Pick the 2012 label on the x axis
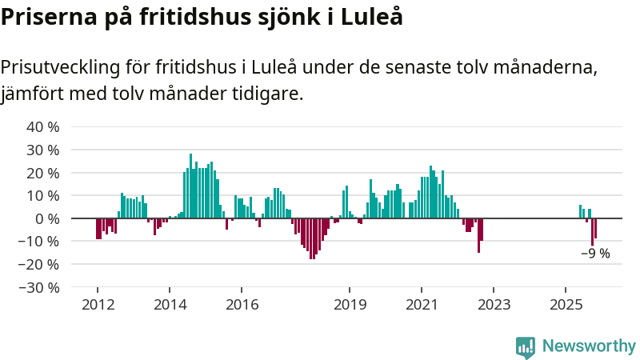point(97,305)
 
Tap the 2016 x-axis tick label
point(242,305)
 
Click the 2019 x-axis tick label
point(350,305)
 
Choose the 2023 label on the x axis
point(494,305)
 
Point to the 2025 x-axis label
point(566,305)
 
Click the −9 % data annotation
point(595,254)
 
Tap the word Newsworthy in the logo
point(589,346)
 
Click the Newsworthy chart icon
point(526,346)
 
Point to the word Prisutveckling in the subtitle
point(72,66)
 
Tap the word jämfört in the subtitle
point(31,94)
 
